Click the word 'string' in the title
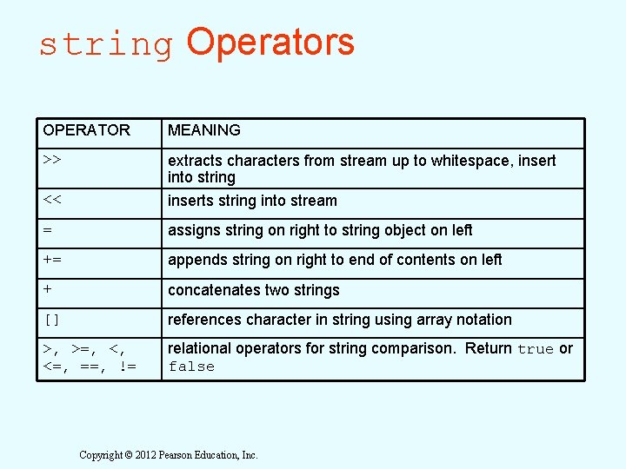[106, 45]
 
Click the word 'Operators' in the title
[270, 42]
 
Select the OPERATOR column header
[86, 130]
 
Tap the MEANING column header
[204, 130]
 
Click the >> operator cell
[51, 161]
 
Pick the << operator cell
[51, 201]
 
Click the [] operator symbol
[51, 320]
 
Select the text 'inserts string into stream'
[252, 201]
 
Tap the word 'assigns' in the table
[195, 230]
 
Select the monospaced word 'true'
[535, 349]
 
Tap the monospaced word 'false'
[191, 367]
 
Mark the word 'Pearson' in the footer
[190, 455]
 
